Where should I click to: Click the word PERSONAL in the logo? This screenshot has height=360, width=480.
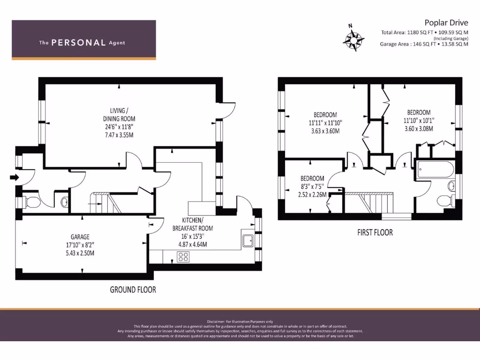pyautogui.click(x=78, y=43)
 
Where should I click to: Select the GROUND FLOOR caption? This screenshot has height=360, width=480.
pyautogui.click(x=133, y=290)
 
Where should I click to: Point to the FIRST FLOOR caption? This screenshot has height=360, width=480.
pyautogui.click(x=375, y=232)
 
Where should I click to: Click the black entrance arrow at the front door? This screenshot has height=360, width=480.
pyautogui.click(x=13, y=177)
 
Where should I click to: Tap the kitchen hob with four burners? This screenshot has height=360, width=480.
pyautogui.click(x=183, y=257)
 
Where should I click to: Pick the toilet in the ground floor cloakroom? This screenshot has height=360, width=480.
pyautogui.click(x=33, y=202)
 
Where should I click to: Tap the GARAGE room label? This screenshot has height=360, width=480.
pyautogui.click(x=80, y=237)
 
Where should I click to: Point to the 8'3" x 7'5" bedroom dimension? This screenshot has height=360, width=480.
pyautogui.click(x=312, y=187)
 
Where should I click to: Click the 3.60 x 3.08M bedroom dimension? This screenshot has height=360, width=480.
pyautogui.click(x=419, y=128)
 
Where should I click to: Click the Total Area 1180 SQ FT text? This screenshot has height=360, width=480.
pyautogui.click(x=406, y=32)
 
